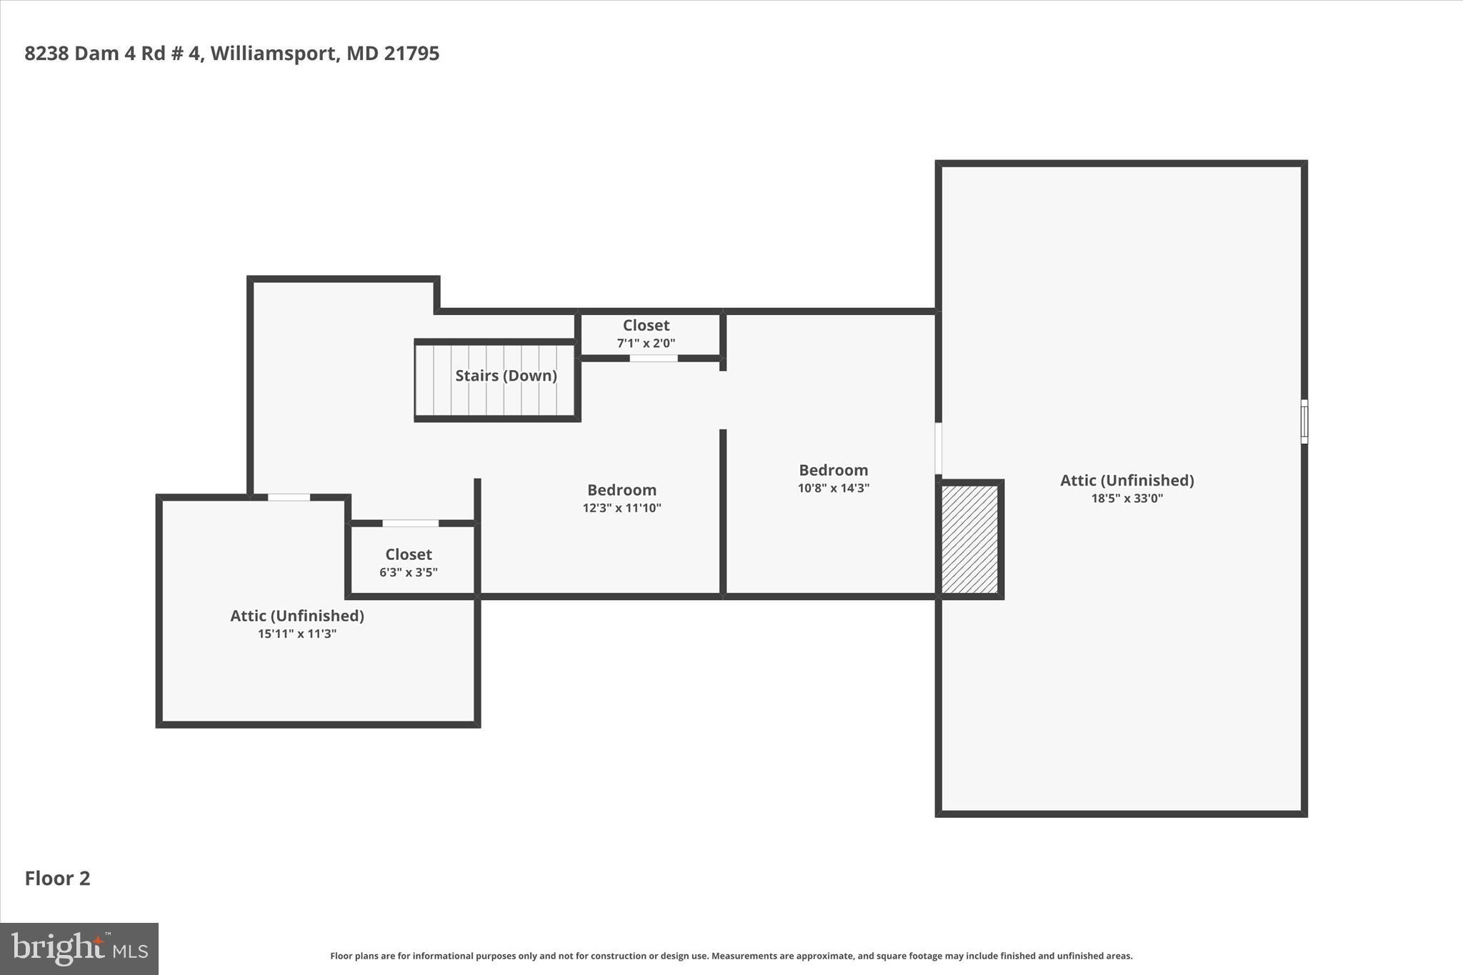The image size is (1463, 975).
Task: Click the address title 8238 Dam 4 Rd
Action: click(x=231, y=54)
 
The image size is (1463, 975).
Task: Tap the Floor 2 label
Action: click(x=57, y=878)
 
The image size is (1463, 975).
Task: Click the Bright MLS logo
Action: click(x=79, y=949)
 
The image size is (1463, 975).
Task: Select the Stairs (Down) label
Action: click(x=506, y=376)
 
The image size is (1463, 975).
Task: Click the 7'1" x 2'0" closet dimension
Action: click(x=646, y=343)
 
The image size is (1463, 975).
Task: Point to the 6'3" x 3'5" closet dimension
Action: click(x=408, y=572)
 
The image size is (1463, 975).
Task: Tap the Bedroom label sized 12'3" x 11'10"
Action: click(x=621, y=490)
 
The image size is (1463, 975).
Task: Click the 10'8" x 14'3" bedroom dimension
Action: click(x=833, y=489)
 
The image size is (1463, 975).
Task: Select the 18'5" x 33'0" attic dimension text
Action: click(x=1127, y=499)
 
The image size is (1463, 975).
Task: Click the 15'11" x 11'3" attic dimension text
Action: click(x=296, y=634)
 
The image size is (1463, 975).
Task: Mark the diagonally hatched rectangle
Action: click(x=969, y=539)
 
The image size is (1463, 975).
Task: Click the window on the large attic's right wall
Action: click(x=1304, y=421)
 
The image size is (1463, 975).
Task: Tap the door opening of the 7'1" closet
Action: click(x=653, y=359)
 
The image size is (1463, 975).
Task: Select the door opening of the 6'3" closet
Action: click(x=410, y=524)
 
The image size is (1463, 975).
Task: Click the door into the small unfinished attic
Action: click(x=289, y=497)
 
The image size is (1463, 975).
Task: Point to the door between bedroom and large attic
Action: click(x=938, y=448)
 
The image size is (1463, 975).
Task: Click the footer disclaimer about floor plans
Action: click(x=731, y=956)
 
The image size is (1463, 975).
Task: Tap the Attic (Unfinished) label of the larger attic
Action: click(x=1127, y=480)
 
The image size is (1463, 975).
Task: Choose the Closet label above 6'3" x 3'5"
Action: click(x=408, y=554)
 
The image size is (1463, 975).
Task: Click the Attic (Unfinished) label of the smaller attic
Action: click(x=296, y=616)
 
